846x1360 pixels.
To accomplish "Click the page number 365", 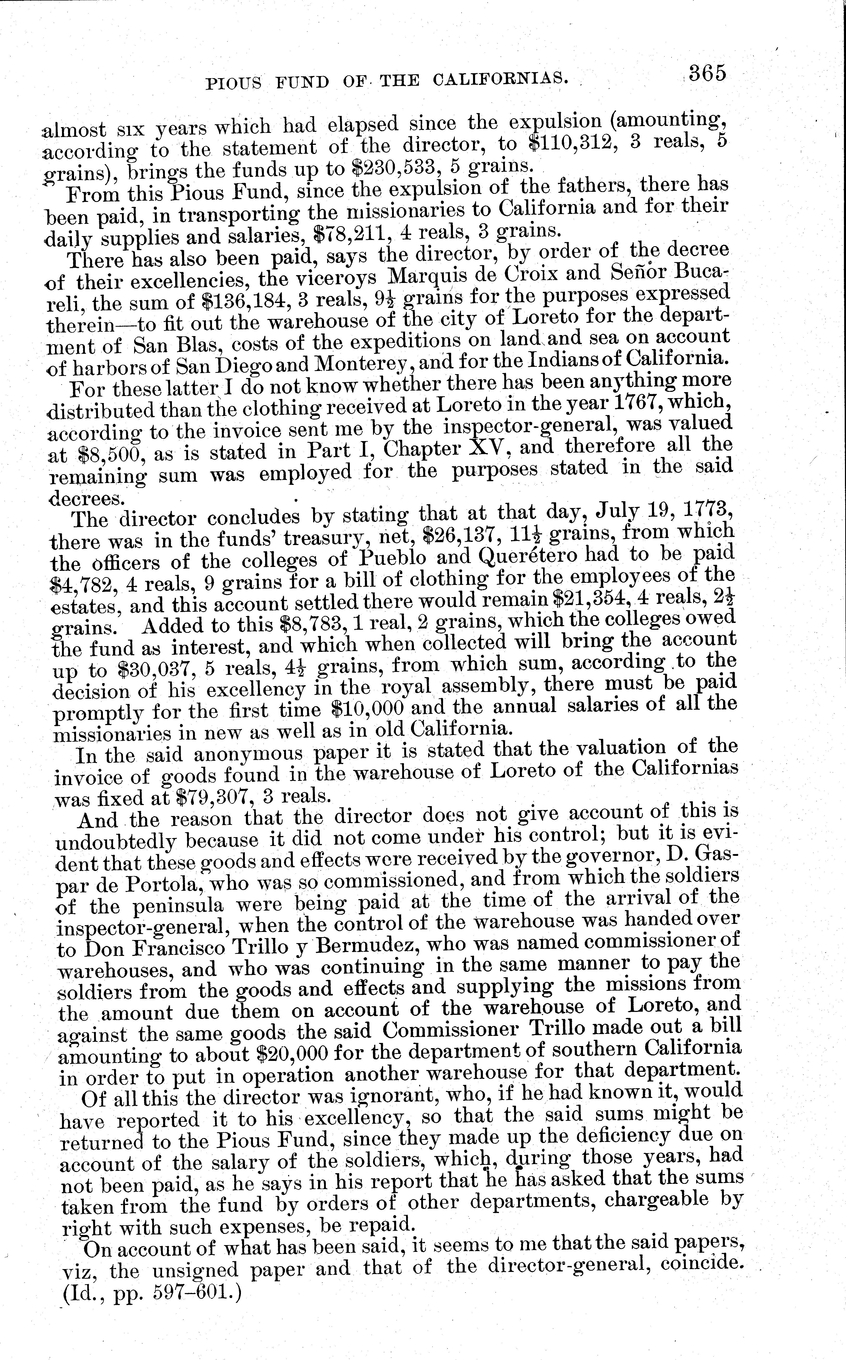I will (x=707, y=73).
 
